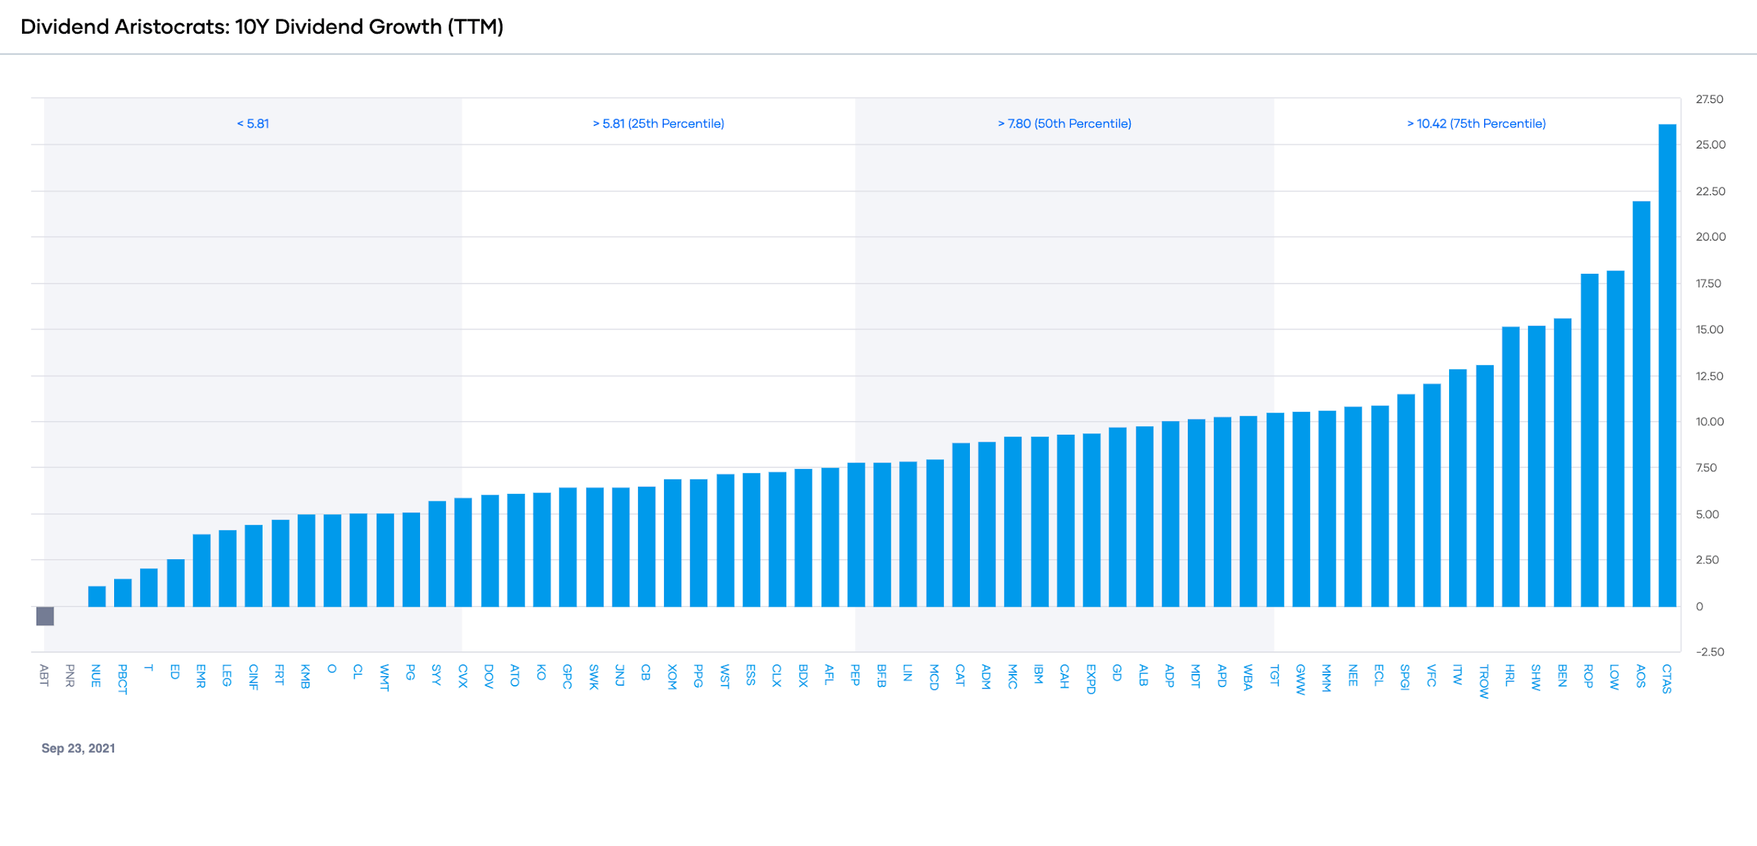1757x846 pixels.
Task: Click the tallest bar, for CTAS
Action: click(1667, 365)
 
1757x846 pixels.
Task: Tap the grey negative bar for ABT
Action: click(45, 616)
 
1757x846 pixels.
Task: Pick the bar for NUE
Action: click(97, 596)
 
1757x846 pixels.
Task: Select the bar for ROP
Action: click(1589, 440)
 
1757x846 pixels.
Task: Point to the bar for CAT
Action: click(961, 525)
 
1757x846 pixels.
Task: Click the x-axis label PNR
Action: click(70, 675)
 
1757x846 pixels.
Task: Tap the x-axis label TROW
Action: click(1484, 681)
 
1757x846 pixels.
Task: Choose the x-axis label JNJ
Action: click(620, 675)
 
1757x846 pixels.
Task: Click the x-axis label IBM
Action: click(1039, 674)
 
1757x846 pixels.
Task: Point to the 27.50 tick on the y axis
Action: click(1709, 99)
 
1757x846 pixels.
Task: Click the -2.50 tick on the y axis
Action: click(1709, 652)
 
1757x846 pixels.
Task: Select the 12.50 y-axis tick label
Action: click(1709, 376)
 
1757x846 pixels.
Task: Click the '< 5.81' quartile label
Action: click(253, 124)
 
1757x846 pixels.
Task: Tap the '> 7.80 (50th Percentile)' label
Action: click(1064, 124)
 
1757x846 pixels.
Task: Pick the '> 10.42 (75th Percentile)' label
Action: click(1476, 124)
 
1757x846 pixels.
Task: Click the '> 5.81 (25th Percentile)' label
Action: click(659, 124)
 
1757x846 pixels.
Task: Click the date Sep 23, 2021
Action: click(78, 748)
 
